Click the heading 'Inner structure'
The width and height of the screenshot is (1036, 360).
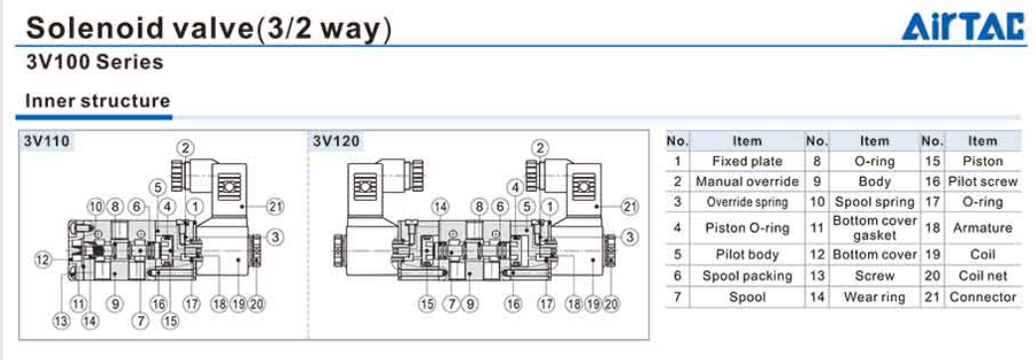97,101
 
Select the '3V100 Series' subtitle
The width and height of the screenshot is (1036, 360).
94,63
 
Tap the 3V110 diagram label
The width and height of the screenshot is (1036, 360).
47,141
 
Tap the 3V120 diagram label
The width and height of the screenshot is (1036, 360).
337,141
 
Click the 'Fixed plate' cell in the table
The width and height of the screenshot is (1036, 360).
748,161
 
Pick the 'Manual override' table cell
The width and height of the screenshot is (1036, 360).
748,181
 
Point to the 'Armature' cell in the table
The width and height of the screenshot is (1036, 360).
982,228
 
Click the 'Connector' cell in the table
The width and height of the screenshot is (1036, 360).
982,297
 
